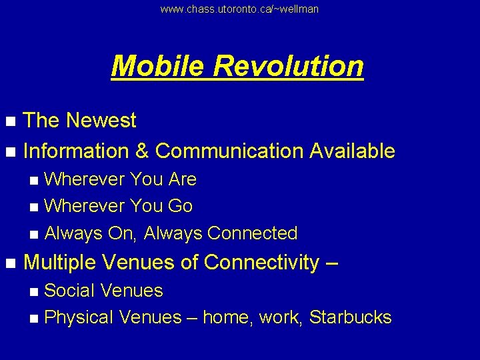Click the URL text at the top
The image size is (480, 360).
point(240,9)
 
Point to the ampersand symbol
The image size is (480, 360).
point(141,151)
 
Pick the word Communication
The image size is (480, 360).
point(229,151)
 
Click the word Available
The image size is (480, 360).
point(352,151)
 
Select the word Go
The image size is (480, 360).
point(180,206)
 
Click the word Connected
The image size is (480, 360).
point(253,233)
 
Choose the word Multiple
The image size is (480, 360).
point(61,263)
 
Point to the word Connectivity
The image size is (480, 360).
point(262,263)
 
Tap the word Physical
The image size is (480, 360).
point(79,317)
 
